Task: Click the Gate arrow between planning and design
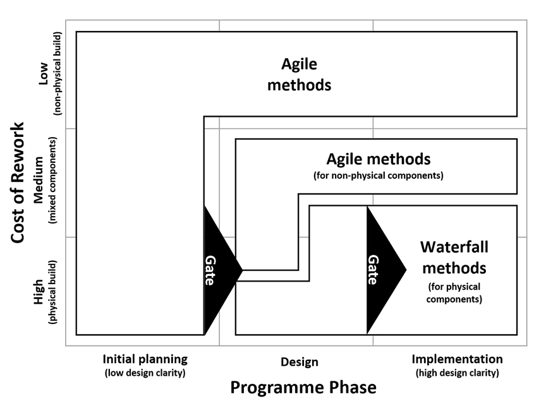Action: click(x=218, y=270)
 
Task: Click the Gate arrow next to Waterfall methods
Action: click(x=381, y=270)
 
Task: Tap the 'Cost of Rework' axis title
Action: click(x=18, y=181)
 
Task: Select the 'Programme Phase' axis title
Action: click(x=303, y=386)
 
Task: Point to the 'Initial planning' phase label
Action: click(x=145, y=359)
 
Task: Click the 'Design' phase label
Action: click(x=299, y=362)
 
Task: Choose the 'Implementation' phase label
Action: click(x=457, y=359)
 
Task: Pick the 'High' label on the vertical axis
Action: click(x=39, y=292)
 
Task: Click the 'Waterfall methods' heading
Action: click(x=453, y=256)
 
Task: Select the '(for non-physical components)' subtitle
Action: click(x=378, y=175)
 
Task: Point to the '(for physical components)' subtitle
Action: click(x=454, y=292)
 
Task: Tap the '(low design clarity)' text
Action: click(x=145, y=373)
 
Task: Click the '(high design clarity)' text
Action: click(x=457, y=373)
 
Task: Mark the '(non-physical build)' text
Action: click(x=58, y=74)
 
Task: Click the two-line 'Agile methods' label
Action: click(x=299, y=74)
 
